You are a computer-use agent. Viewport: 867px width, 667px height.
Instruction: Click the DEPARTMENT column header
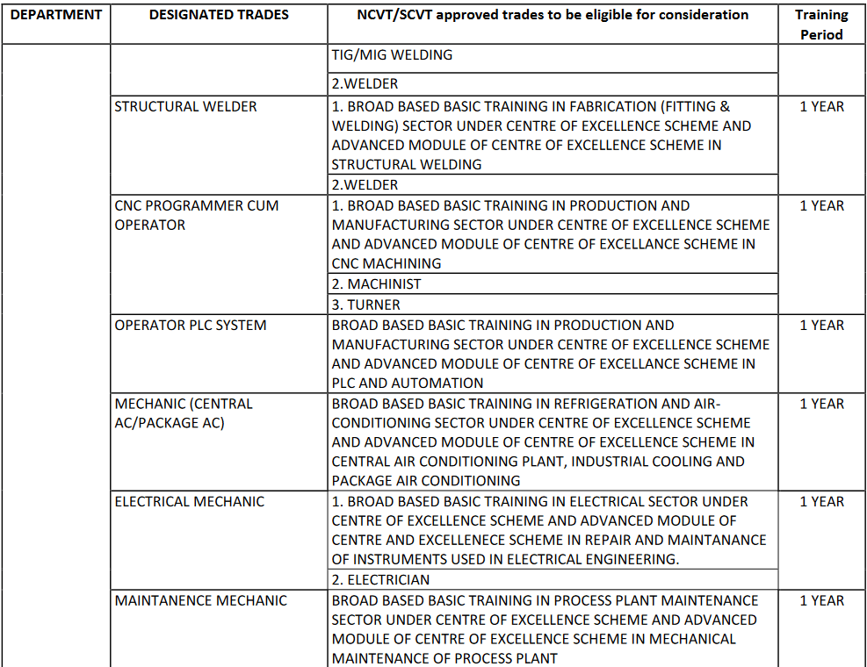[55, 15]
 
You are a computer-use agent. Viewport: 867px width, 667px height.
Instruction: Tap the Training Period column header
[821, 25]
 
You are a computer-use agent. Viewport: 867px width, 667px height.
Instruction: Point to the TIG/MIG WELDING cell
[392, 54]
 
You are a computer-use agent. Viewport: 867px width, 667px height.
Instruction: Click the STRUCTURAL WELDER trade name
[185, 106]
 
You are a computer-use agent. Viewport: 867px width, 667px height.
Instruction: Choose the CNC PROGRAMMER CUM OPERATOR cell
[196, 215]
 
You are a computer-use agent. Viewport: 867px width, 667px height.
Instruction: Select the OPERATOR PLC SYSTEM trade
[190, 325]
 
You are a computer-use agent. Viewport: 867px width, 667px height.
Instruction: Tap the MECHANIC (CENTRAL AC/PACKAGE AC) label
[183, 413]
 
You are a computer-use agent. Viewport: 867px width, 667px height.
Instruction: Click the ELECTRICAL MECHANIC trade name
[189, 501]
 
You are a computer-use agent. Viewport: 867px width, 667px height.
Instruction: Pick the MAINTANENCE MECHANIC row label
[200, 600]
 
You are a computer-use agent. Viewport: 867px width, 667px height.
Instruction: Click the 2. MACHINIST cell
[376, 284]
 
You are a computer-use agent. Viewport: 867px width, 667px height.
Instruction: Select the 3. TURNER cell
[365, 305]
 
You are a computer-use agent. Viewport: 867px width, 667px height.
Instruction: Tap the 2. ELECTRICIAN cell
[380, 579]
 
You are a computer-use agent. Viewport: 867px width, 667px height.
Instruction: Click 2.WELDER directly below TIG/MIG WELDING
[365, 83]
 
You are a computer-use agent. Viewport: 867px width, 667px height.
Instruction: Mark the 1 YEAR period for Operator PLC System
[821, 325]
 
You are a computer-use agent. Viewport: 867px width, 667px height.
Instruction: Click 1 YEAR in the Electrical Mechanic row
[821, 501]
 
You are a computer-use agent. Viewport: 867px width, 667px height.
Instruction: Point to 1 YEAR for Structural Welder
[821, 106]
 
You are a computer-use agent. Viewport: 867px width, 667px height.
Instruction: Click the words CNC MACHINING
[387, 263]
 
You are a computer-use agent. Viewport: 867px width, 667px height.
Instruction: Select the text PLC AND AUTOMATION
[408, 383]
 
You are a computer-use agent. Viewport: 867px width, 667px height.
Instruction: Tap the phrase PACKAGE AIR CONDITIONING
[426, 481]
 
